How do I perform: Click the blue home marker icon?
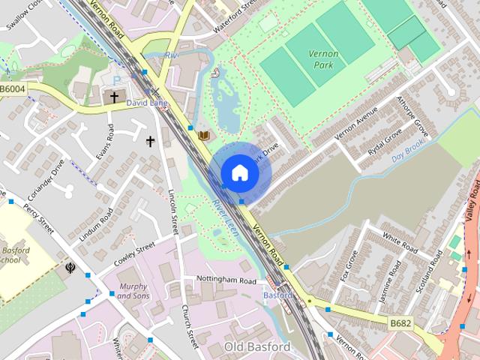pos(239,172)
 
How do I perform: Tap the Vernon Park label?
pos(323,59)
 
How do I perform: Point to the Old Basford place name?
pos(257,347)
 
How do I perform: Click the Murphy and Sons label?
pos(133,291)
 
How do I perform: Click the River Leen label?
pos(224,218)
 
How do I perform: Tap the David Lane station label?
pos(146,102)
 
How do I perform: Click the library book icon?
pos(203,135)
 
